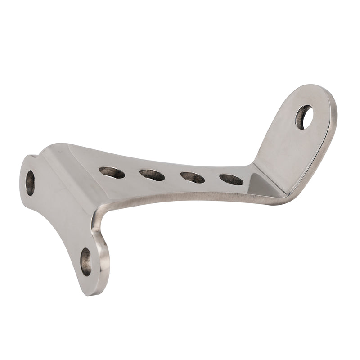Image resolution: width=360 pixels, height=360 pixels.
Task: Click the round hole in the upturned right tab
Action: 304,117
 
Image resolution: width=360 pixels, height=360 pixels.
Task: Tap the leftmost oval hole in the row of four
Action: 112,172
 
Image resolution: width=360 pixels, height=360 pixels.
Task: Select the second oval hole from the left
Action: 152,175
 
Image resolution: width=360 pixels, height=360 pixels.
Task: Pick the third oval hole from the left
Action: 193,177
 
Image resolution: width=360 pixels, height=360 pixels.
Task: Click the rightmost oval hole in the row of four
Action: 231,180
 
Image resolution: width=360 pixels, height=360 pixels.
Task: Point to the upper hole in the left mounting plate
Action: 30,182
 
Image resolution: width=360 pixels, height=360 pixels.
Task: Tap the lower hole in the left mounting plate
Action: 85,261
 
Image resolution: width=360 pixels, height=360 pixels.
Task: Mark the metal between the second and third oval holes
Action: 172,176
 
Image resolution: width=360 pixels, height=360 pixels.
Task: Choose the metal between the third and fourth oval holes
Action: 212,179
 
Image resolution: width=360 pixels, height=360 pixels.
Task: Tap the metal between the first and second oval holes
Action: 132,173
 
